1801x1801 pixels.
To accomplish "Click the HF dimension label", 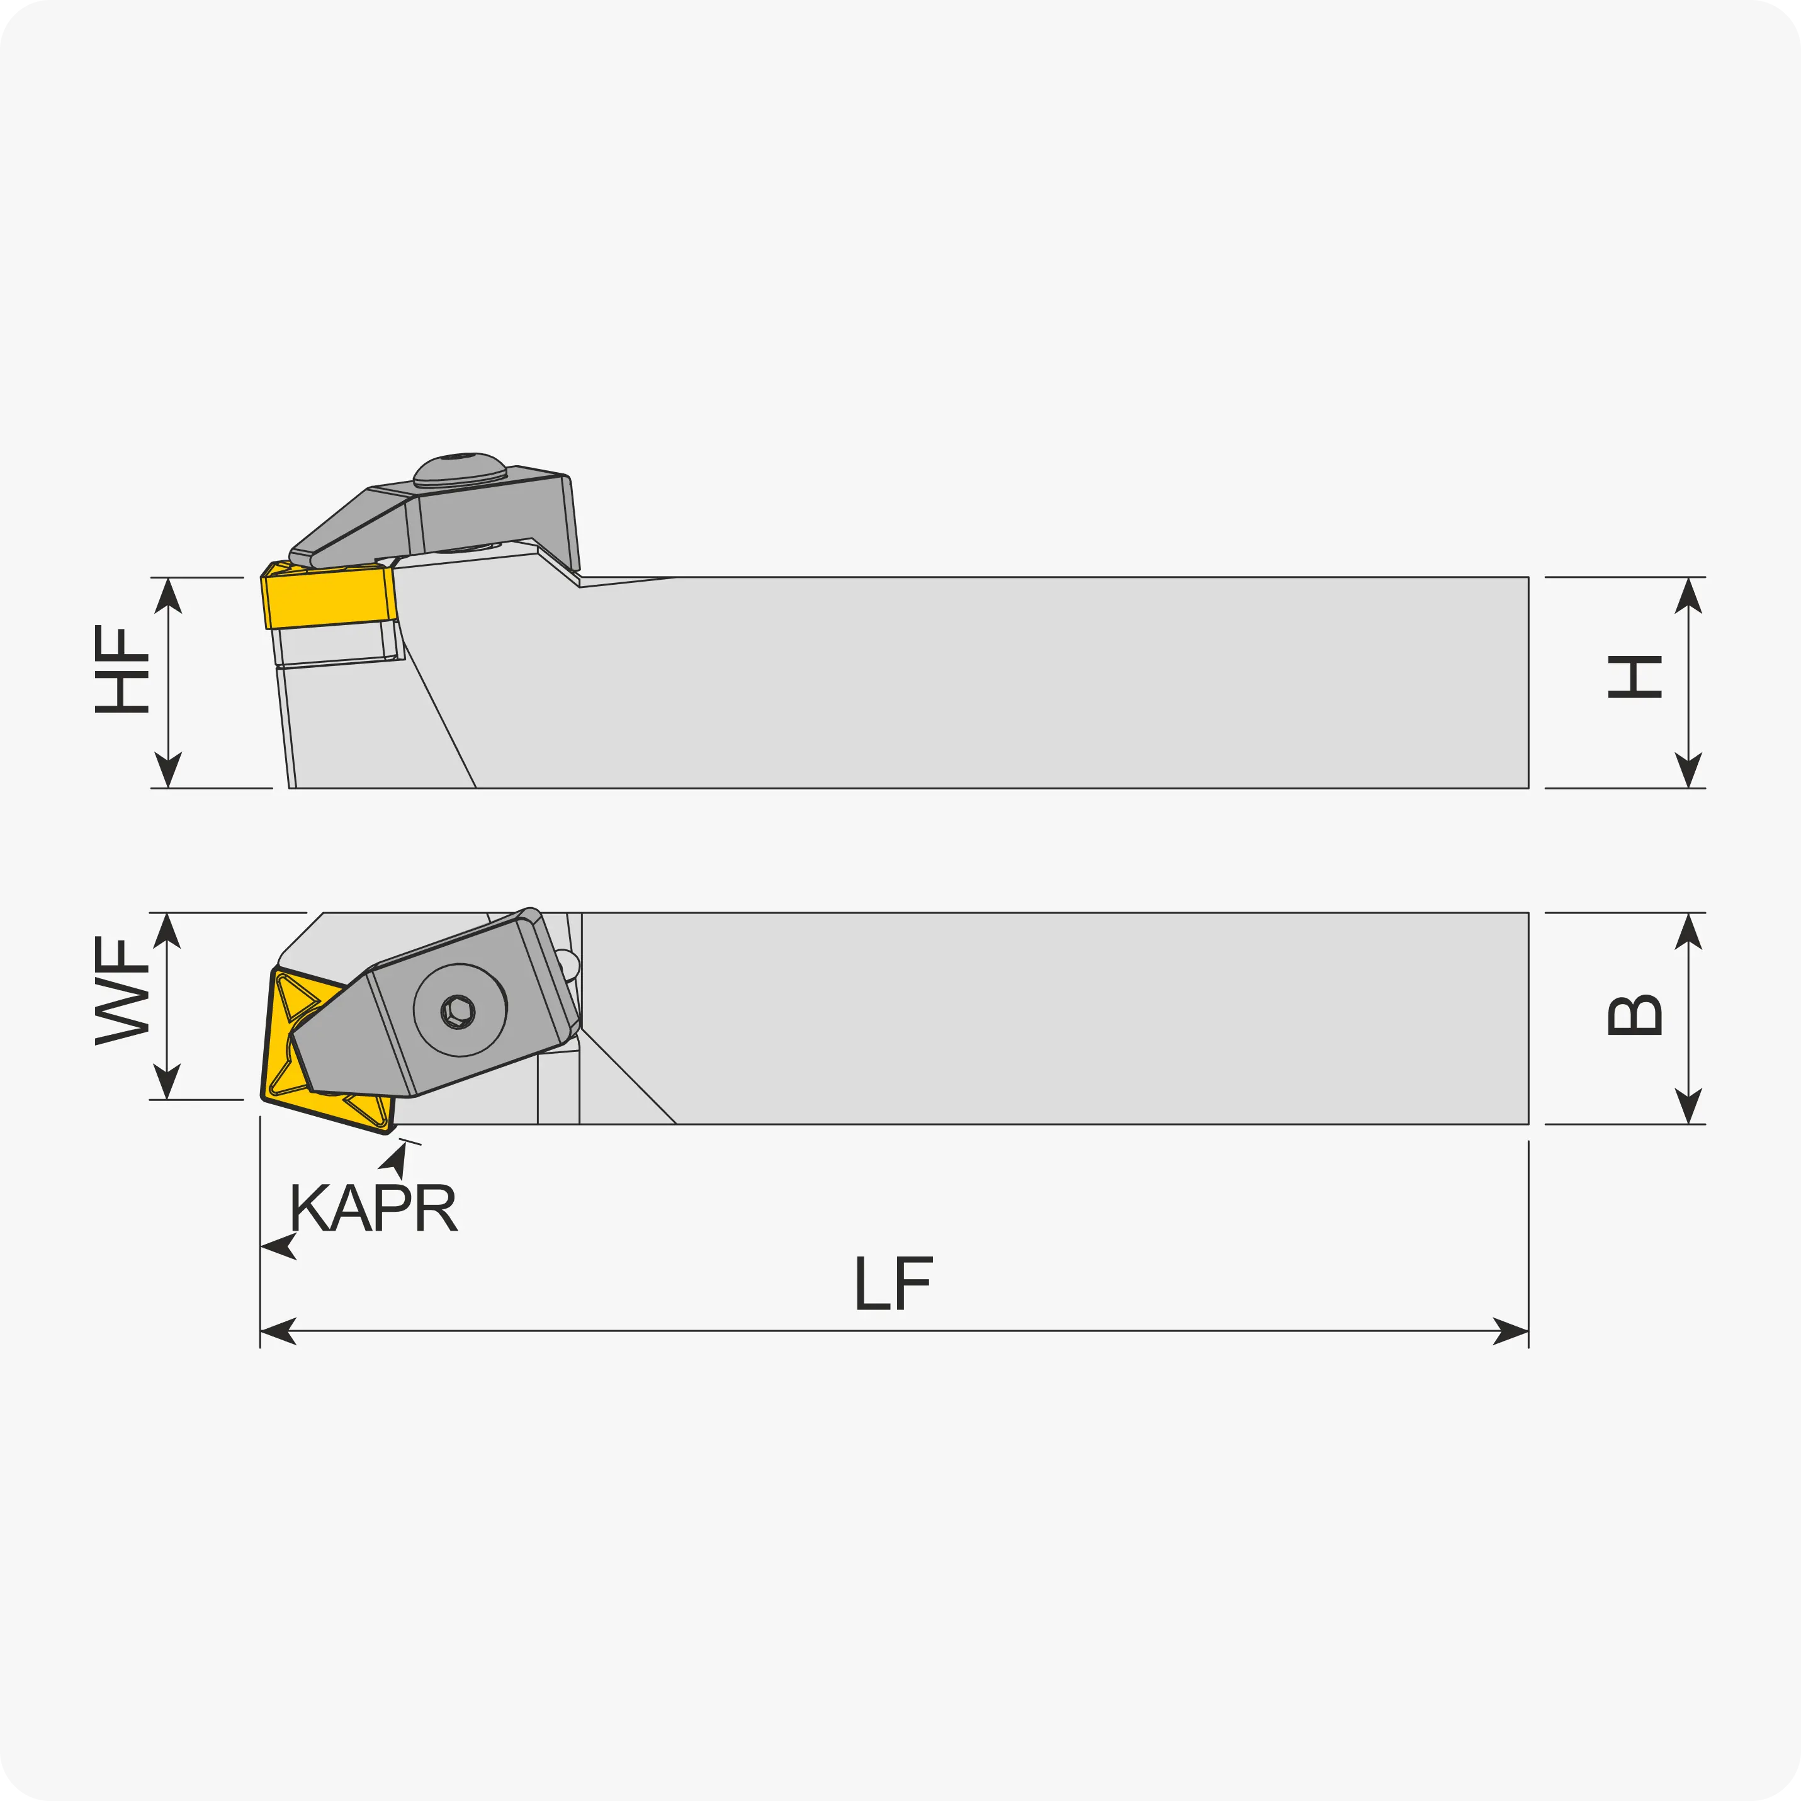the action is coord(122,669).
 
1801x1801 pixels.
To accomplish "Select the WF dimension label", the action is coord(122,991).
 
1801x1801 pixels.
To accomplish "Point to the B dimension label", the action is coord(1635,1015).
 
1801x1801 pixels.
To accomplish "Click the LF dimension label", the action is coord(893,1284).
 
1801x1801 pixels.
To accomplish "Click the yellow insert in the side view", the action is coord(329,597).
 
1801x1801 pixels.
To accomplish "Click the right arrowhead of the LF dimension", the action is coord(1511,1331).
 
